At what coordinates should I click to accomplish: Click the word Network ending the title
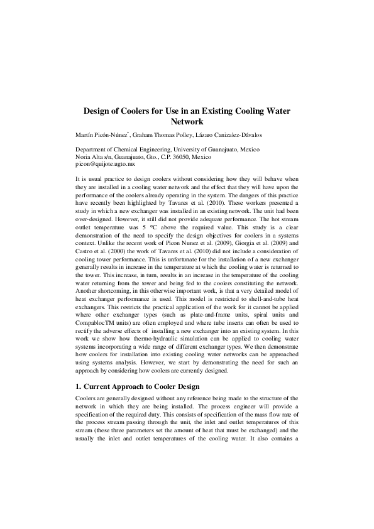tap(187, 122)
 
